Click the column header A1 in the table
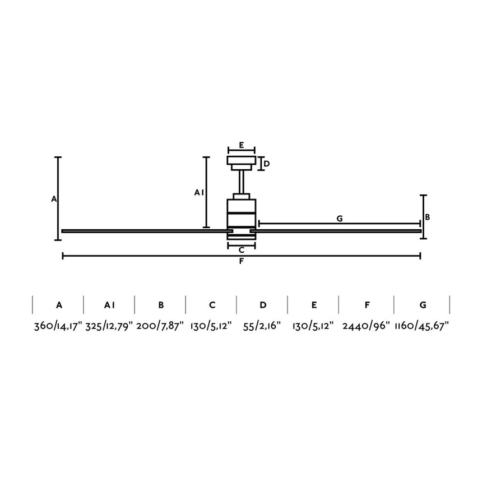point(109,305)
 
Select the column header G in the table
point(423,305)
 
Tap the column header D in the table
point(263,305)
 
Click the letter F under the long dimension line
point(241,261)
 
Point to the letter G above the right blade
point(340,219)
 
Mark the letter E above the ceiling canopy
point(241,145)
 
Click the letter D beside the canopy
point(267,164)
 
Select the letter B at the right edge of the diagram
point(428,217)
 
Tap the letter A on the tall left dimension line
point(54,199)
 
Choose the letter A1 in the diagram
point(198,193)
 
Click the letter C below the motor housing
point(241,250)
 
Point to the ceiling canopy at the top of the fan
point(241,161)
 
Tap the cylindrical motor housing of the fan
point(241,216)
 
